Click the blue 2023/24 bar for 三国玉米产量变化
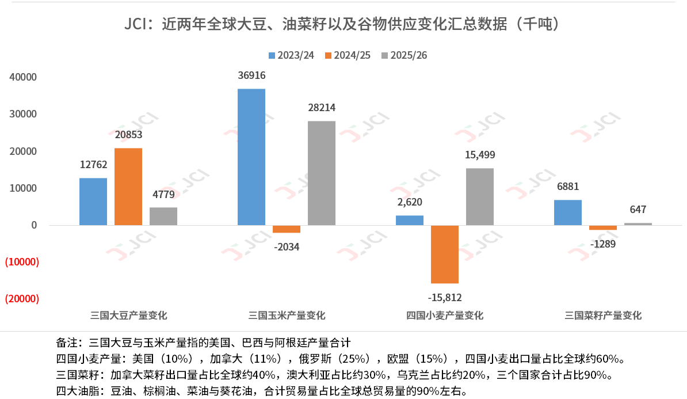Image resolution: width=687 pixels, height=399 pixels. click(x=251, y=157)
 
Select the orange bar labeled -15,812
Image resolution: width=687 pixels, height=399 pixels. click(x=445, y=254)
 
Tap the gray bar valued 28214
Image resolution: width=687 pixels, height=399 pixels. click(x=322, y=173)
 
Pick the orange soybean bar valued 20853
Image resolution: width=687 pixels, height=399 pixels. click(x=128, y=187)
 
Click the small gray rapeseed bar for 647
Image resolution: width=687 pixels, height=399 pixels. click(x=638, y=224)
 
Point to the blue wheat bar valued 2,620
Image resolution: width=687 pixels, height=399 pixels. click(x=410, y=221)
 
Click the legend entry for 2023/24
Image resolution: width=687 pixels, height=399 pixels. click(x=291, y=55)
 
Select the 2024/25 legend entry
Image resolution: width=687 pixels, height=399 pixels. click(x=348, y=55)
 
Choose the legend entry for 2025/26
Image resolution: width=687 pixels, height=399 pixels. click(x=404, y=55)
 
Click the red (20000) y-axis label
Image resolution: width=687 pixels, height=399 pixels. click(x=21, y=299)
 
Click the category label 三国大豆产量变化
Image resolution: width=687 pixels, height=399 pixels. click(x=129, y=316)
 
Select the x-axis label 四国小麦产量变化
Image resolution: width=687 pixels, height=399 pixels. click(x=445, y=316)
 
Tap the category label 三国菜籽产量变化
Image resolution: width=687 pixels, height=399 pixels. click(x=603, y=316)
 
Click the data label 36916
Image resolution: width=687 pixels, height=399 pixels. click(x=251, y=75)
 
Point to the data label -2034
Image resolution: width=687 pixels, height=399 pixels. click(x=287, y=247)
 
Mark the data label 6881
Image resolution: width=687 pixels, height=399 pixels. click(x=567, y=187)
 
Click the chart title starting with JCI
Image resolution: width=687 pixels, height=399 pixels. click(x=343, y=25)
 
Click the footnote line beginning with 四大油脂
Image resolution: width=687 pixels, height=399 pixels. click(x=261, y=391)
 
